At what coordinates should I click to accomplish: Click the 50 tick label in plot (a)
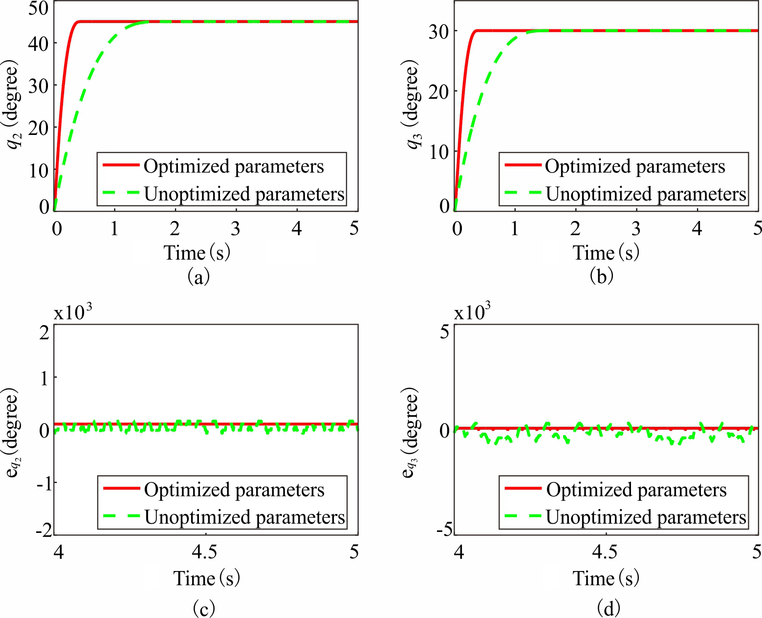39,8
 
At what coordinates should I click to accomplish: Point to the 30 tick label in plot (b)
438,31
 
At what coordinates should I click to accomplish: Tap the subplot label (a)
198,277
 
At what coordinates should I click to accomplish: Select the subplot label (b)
602,277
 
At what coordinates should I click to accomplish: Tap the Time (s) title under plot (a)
197,253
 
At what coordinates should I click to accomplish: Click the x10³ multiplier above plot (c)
73,311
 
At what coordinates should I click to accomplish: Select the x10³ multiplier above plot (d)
472,311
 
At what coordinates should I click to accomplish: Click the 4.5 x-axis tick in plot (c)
205,552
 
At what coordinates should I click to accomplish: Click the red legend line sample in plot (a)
121,165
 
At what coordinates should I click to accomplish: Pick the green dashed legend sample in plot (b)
522,193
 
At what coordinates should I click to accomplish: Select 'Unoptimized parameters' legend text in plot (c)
245,517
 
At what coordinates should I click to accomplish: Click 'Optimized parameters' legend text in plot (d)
636,489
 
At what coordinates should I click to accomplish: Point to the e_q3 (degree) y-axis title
411,432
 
